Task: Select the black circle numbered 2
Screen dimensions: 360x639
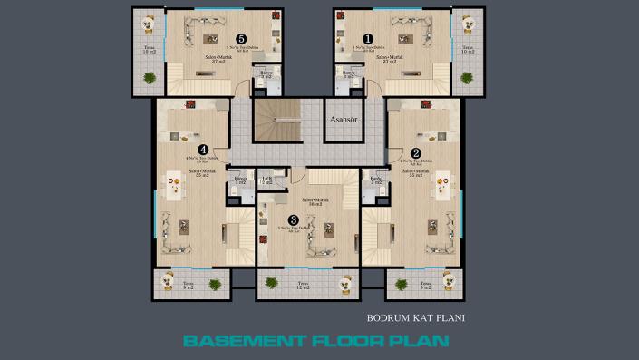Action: coord(416,152)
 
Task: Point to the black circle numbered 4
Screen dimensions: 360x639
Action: coord(203,150)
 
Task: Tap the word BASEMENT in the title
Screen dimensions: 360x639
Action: coord(238,342)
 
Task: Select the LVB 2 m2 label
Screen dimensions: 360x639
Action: coord(266,180)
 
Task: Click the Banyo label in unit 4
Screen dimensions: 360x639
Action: coord(240,180)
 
